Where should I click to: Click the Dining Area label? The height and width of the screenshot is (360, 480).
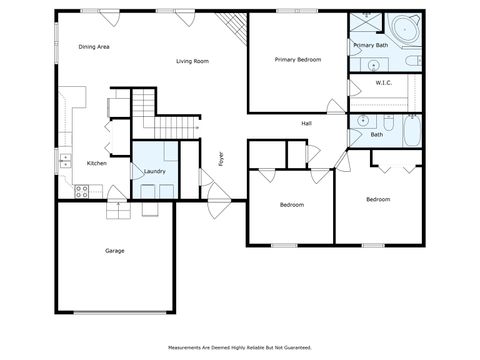click(94, 47)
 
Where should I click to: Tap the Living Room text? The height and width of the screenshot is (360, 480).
click(192, 61)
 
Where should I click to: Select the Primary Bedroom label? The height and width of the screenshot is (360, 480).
click(298, 60)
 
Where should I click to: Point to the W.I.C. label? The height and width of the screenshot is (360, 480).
click(383, 83)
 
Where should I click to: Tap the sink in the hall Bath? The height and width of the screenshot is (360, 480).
click(361, 121)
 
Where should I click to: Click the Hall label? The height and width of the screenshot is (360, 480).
click(308, 124)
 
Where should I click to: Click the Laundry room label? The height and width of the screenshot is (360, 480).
click(155, 172)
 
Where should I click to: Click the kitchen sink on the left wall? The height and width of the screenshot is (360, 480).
click(66, 158)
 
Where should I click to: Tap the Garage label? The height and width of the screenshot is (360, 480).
click(115, 250)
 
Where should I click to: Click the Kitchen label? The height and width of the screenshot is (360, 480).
click(97, 163)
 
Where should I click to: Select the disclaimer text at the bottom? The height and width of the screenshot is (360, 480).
click(240, 347)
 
